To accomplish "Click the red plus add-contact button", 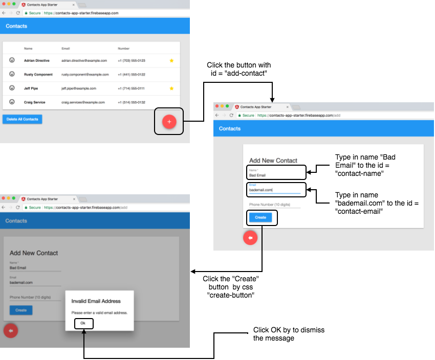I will point(169,122).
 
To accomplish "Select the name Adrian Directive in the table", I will point(37,60).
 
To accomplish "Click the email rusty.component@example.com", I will point(85,75).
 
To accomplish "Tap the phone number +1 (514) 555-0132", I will point(132,102).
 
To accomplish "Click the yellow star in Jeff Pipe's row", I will point(171,88).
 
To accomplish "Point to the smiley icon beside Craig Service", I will point(12,102).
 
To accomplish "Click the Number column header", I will point(123,49).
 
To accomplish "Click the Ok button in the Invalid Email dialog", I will point(83,323).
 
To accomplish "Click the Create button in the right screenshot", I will point(260,217).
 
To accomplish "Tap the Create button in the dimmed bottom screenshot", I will point(21,310).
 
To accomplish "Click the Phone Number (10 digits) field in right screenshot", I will point(274,205).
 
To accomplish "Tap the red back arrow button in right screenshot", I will point(250,238).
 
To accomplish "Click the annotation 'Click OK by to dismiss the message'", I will point(289,334).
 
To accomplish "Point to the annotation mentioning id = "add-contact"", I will point(238,69).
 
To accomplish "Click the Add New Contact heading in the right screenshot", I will point(273,161).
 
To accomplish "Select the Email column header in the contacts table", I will point(66,49).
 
